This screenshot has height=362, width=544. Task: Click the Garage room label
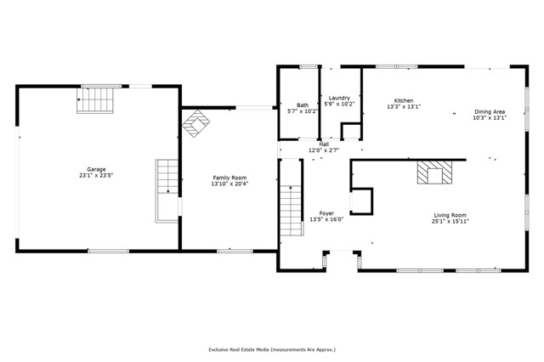tap(95, 170)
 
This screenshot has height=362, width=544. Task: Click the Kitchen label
tap(404, 100)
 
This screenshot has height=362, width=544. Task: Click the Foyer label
tap(326, 213)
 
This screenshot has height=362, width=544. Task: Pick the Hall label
tap(324, 144)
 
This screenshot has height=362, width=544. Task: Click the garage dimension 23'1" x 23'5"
tap(95, 176)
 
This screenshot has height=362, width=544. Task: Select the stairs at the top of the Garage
tap(95, 99)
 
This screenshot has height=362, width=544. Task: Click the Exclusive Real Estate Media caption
tap(272, 349)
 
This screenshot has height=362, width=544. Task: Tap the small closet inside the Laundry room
tap(350, 131)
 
